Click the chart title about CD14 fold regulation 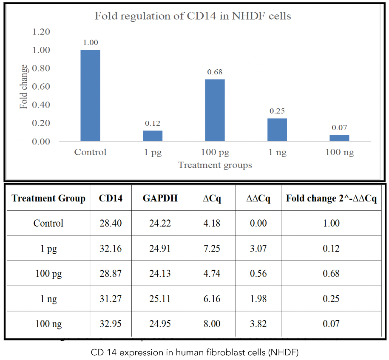(193, 16)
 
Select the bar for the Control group (90, 96)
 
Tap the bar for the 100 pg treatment (215, 110)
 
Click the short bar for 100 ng (339, 138)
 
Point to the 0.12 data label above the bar (152, 123)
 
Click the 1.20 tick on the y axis (41, 32)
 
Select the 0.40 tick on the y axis (41, 105)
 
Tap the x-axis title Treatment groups (215, 165)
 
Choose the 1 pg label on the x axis (152, 152)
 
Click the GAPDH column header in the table (160, 198)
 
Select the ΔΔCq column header (258, 198)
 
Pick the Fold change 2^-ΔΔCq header (331, 198)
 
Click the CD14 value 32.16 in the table (111, 248)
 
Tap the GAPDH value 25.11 (160, 299)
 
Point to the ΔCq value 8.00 (212, 324)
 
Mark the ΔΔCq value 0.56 (258, 273)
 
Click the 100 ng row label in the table (48, 324)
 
